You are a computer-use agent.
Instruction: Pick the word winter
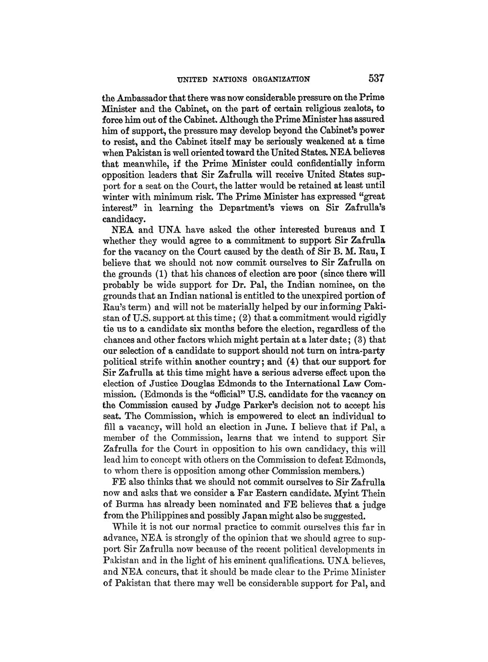[x=118, y=197]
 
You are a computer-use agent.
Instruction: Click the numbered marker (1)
[x=161, y=273]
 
